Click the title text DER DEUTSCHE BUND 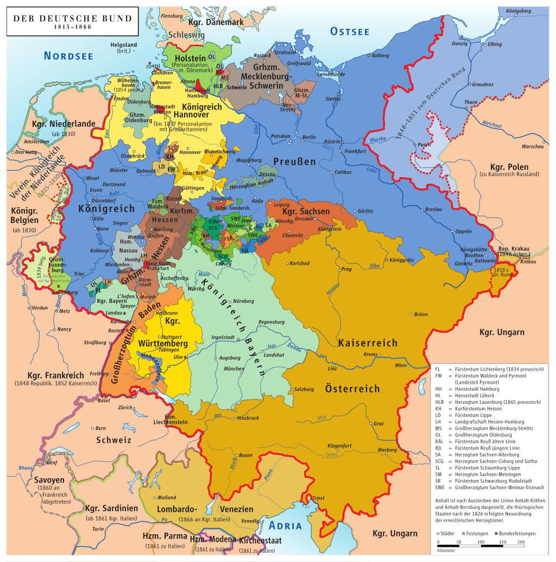72,18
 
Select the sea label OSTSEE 350,32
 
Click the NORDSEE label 68,56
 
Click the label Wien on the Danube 400,365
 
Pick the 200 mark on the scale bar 521,542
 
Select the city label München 234,369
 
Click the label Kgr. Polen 509,167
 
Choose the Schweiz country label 114,440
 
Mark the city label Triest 318,498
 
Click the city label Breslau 419,209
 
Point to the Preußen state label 295,161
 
